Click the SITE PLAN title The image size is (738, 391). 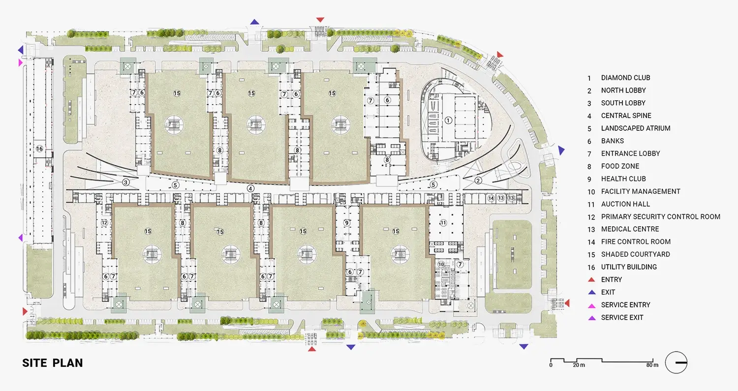coord(52,362)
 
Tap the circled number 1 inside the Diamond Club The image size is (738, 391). coord(448,120)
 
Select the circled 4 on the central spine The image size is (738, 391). coord(251,188)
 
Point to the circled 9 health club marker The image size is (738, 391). coord(346,223)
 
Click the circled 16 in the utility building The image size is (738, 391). coord(39,149)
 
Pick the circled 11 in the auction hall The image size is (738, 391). coord(443,223)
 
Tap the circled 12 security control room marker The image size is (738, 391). coord(104,223)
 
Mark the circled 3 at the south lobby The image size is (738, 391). coord(125,182)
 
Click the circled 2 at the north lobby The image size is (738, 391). coord(478,180)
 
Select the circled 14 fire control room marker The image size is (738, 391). coord(491,198)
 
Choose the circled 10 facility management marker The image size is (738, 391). coord(441,264)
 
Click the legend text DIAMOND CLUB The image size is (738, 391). coord(626,78)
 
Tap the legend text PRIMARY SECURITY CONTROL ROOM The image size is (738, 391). coord(661,217)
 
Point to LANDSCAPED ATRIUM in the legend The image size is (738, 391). coord(636,128)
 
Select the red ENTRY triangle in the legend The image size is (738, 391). coord(592,280)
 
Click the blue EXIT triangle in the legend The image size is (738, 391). coord(592,292)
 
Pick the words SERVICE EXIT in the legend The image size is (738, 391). coord(622,318)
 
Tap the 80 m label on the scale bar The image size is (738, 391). coord(652,365)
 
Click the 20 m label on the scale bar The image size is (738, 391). coord(579,365)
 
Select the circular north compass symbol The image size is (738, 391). coord(676,362)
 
